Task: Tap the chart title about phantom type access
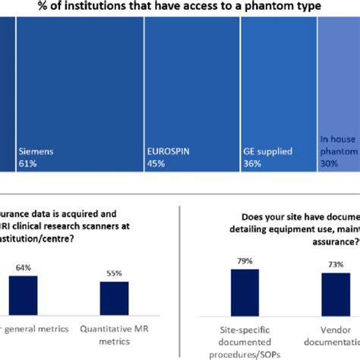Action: click(182, 7)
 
